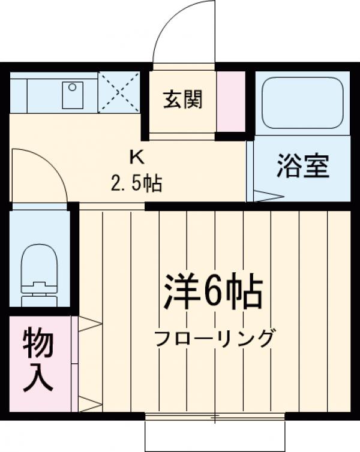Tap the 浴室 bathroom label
(x=303, y=167)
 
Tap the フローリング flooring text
(x=214, y=339)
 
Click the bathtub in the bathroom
(x=302, y=103)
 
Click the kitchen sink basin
(x=73, y=95)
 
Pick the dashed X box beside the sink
(x=119, y=92)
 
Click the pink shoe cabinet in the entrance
(x=232, y=101)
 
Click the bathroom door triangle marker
(x=267, y=195)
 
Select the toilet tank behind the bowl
(x=39, y=293)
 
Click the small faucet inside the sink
(x=73, y=88)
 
